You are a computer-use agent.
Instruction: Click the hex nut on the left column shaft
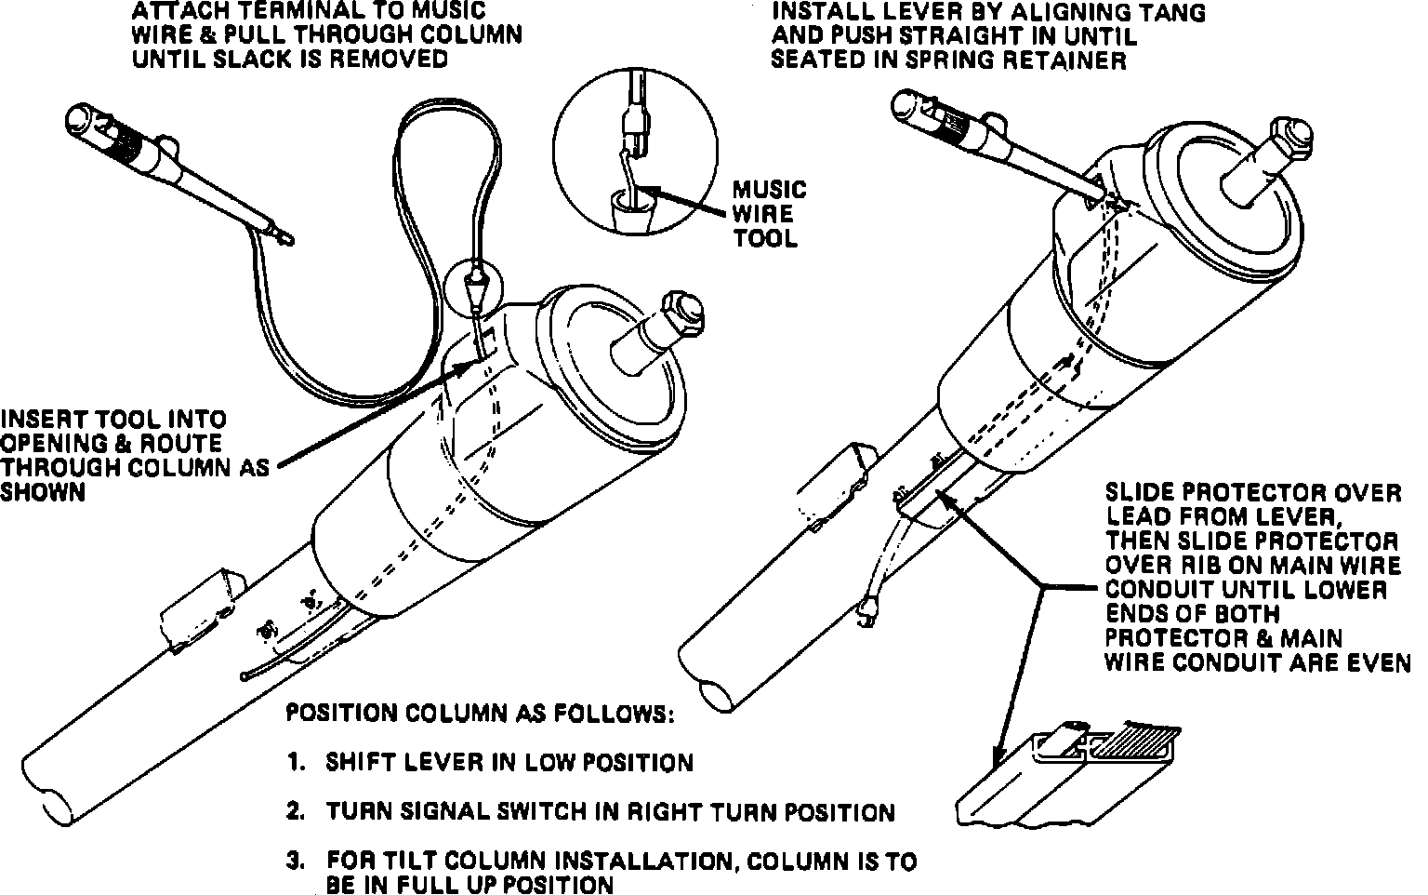click(684, 314)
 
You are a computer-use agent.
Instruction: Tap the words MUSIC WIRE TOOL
click(769, 214)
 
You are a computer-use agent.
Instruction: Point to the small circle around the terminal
click(475, 287)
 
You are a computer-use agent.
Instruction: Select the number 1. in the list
click(297, 762)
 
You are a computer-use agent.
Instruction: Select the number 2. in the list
click(297, 811)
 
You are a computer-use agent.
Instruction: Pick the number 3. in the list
click(297, 861)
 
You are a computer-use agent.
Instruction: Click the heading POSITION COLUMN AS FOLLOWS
click(480, 714)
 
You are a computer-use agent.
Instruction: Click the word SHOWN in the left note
click(43, 492)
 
